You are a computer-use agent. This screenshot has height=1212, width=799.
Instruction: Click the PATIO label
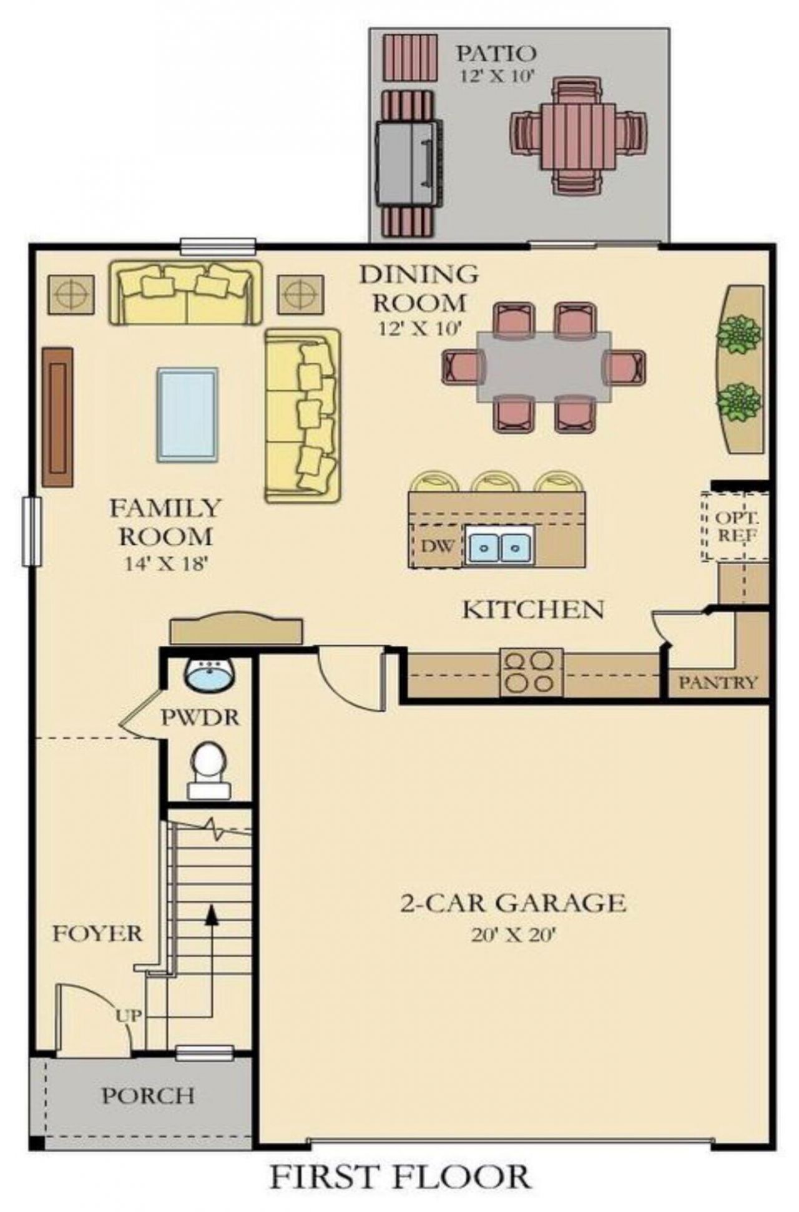point(496,53)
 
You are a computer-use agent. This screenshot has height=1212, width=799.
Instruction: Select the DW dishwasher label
point(437,546)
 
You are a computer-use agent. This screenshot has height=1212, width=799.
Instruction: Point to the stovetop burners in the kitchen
point(531,672)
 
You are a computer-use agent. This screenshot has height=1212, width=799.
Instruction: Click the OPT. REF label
point(737,526)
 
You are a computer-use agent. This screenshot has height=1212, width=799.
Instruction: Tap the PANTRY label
point(718,682)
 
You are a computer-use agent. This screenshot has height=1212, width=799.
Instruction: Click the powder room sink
point(209,675)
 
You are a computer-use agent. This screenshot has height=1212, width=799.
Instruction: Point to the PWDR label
point(200,717)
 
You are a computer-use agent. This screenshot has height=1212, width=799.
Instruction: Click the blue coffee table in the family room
point(187,414)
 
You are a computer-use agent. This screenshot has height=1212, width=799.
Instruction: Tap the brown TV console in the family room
point(57,417)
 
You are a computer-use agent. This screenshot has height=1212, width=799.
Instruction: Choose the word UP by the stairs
point(128,1016)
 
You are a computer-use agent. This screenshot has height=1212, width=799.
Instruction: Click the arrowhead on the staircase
point(212,914)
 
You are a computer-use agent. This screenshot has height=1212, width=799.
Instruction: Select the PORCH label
point(148,1096)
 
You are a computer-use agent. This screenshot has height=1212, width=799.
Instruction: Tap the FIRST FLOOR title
point(400,1177)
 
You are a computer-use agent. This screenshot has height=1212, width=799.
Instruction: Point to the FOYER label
point(97,934)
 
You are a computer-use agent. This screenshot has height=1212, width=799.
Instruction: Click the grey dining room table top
point(544,367)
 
